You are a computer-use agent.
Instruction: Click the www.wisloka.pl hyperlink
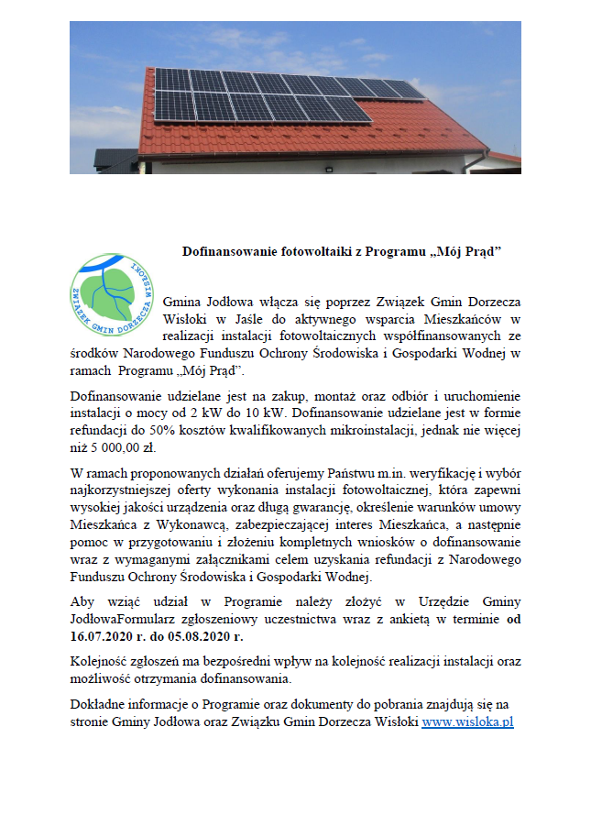(466, 721)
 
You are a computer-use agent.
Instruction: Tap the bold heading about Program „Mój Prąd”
(344, 250)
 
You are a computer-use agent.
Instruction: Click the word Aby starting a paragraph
(82, 601)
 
